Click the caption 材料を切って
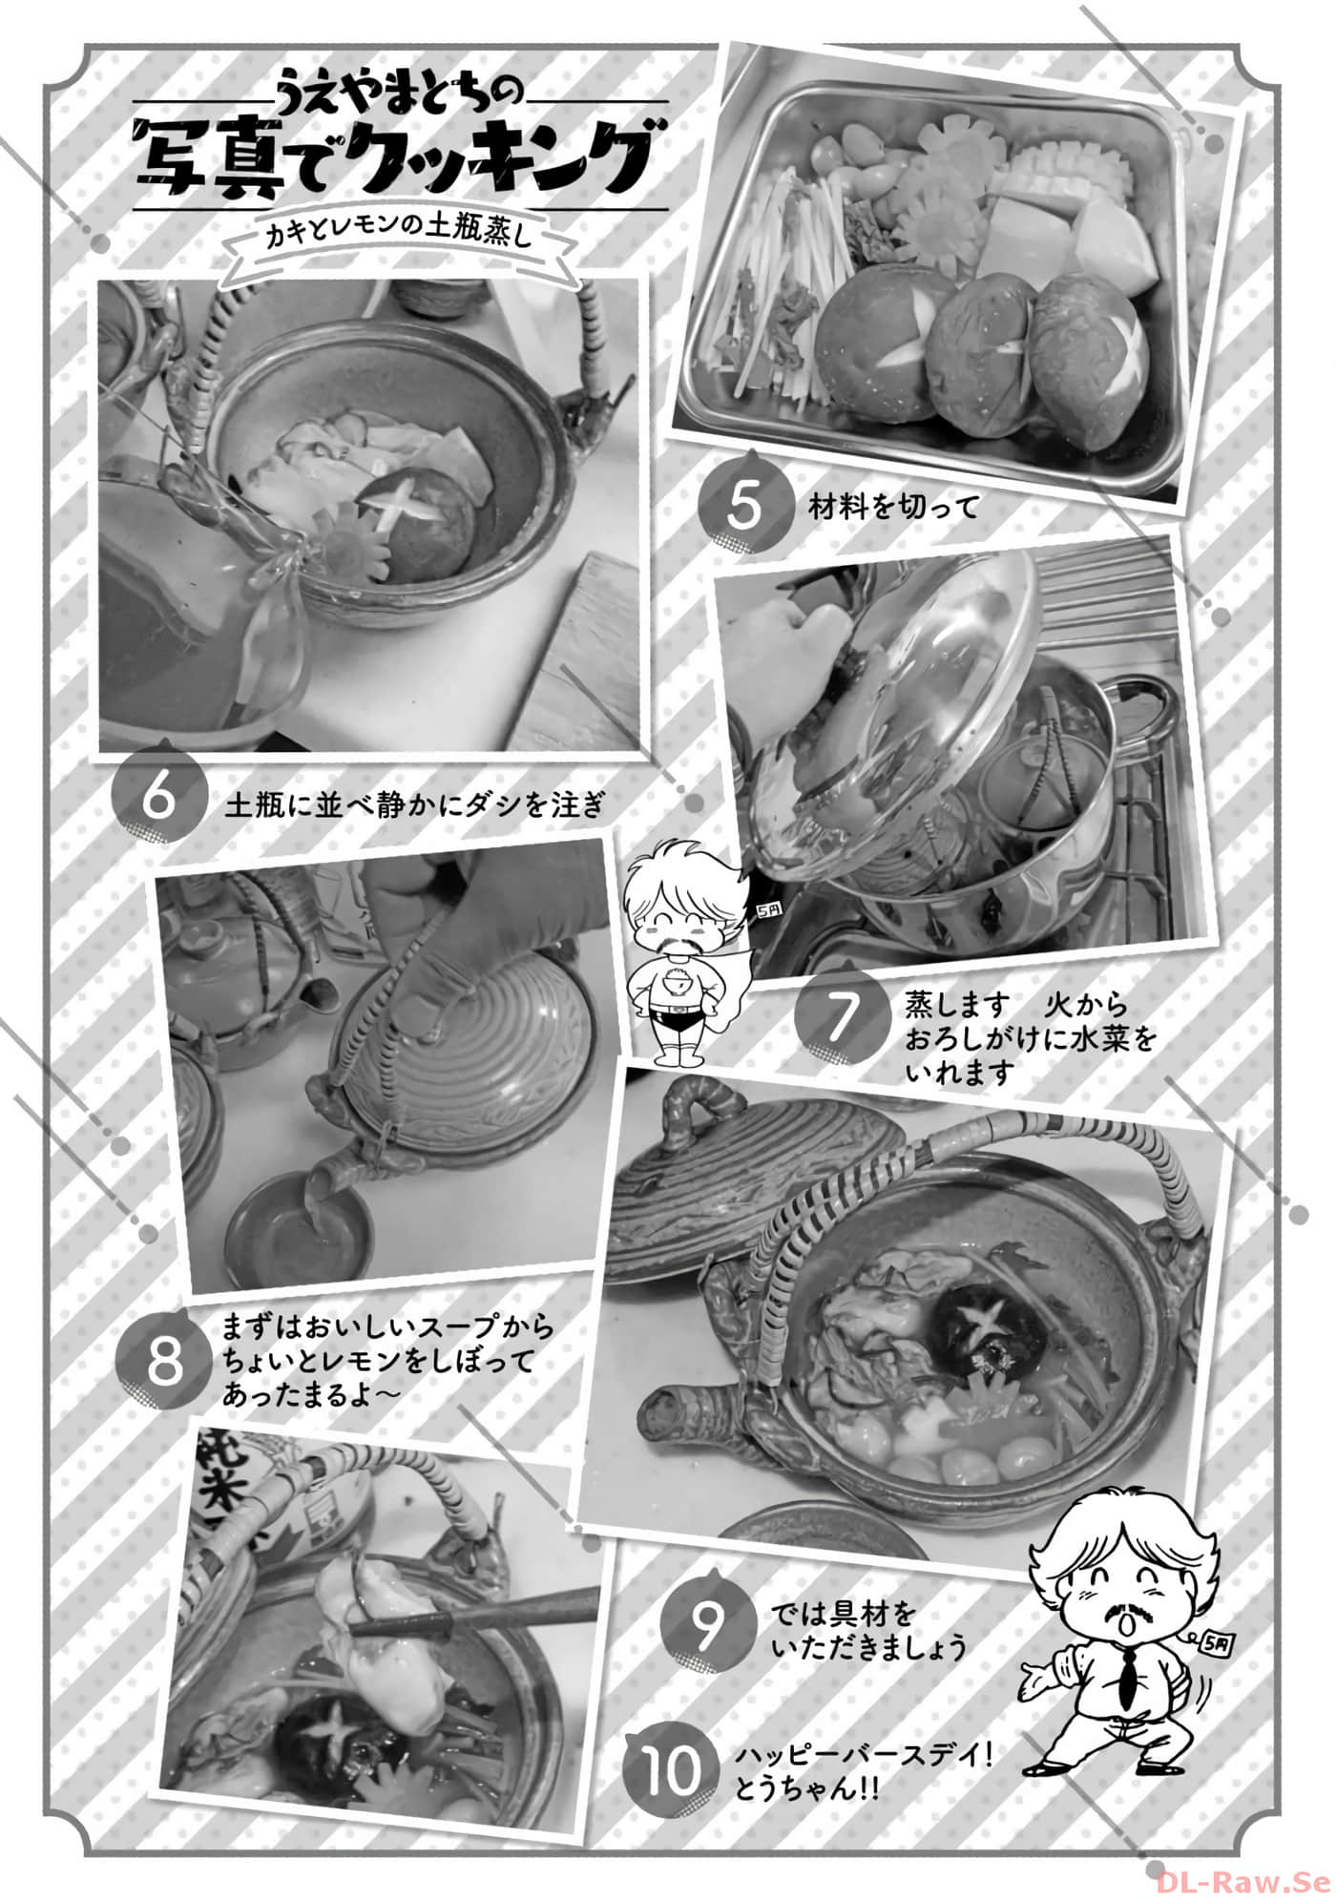tap(893, 507)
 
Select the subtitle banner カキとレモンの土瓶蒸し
tap(397, 238)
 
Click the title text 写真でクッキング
tap(397, 160)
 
